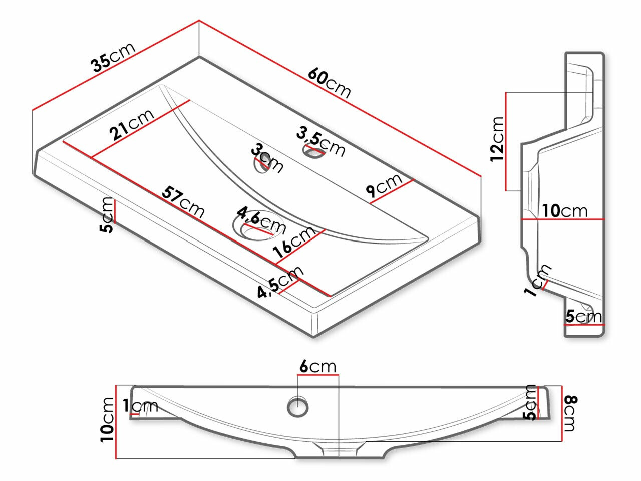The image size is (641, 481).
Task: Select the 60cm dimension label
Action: pos(329,83)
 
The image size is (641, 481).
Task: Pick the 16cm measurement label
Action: pos(295,242)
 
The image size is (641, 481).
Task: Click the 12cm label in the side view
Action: pos(497,139)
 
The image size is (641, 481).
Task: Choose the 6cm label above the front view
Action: pos(318,367)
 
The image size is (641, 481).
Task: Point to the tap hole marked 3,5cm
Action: pos(312,151)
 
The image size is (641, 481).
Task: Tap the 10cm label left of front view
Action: pos(107,420)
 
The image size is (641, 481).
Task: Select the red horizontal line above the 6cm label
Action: pos(318,374)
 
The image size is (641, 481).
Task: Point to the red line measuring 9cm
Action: pos(392,192)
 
